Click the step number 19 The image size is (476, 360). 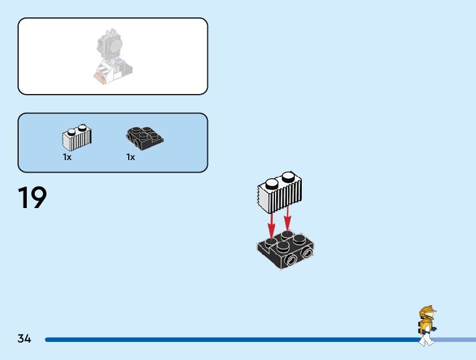coord(32,197)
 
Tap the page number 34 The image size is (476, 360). coord(24,339)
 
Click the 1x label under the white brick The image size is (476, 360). coord(67,158)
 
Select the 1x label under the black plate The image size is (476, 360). coord(131,158)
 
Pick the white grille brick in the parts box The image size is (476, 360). coord(77,138)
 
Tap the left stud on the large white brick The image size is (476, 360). coord(271,184)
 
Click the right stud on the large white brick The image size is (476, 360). coord(288,177)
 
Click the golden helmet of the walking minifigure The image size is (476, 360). coord(428,313)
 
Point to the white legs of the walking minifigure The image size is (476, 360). coord(426,339)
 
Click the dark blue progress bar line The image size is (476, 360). coord(230,339)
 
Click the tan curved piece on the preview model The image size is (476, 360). coord(99,77)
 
